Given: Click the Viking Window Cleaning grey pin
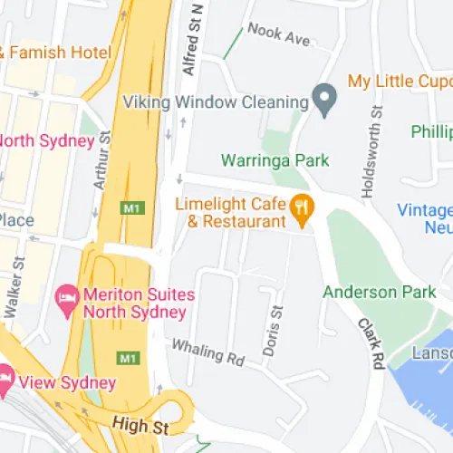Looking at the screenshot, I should [324, 95].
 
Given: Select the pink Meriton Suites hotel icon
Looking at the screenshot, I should [66, 295].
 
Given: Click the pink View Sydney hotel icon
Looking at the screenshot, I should [6, 374].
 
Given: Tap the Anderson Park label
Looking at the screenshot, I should [372, 292].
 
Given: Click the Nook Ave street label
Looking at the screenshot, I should [278, 36].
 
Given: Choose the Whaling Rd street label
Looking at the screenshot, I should [208, 352].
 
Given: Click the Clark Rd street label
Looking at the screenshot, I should [371, 343].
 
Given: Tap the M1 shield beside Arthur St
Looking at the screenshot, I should [132, 208].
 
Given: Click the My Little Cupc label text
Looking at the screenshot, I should [400, 82].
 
